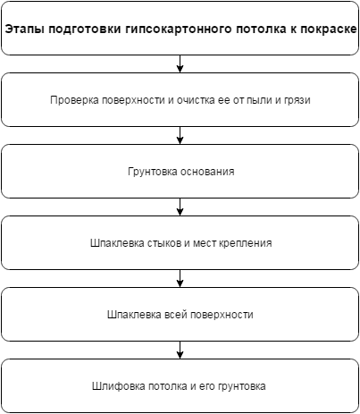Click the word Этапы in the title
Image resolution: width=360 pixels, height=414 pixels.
coord(24,30)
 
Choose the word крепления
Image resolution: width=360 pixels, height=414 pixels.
coord(246,243)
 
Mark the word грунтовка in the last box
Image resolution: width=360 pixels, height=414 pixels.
coord(241,386)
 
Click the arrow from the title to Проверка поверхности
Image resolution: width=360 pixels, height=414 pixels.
coord(180,63)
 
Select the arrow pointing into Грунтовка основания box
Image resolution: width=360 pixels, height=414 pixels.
coord(180,135)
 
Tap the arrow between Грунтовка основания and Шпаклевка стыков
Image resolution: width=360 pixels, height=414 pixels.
coord(180,207)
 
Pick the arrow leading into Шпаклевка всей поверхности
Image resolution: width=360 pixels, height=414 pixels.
coord(180,278)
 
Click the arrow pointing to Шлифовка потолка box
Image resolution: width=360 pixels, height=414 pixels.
coord(180,350)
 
